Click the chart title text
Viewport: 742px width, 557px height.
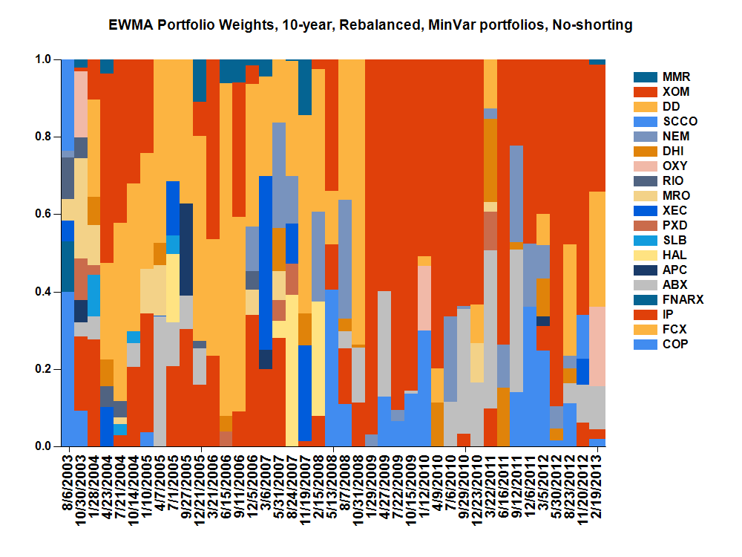[371, 25]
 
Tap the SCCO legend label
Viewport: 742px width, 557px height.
[680, 121]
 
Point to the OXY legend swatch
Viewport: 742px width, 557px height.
[645, 166]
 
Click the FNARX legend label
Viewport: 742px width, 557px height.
[683, 299]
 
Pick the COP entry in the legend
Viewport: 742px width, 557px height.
[676, 344]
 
